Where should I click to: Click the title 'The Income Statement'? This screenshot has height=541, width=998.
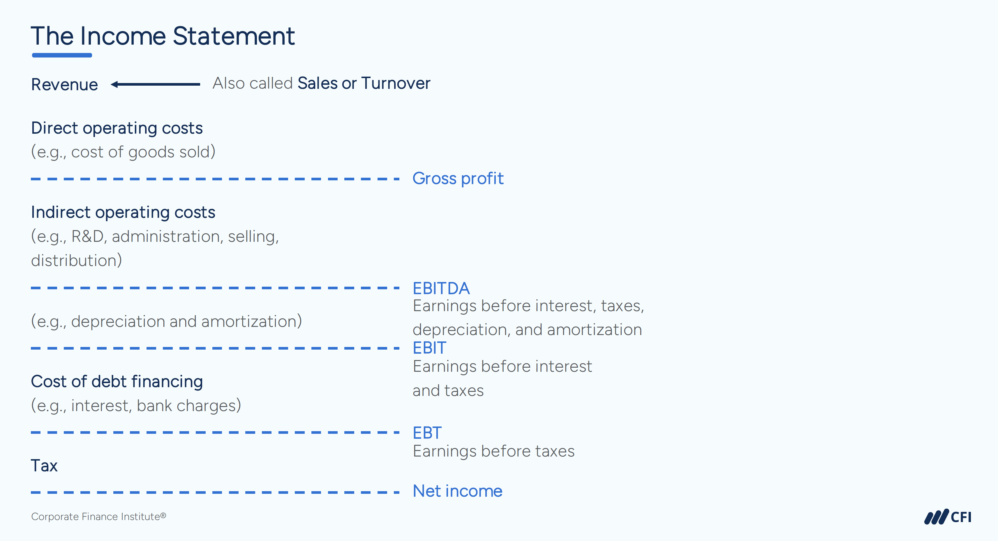tap(163, 36)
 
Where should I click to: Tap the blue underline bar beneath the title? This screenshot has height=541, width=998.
tap(62, 55)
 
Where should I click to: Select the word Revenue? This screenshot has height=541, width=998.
tap(64, 84)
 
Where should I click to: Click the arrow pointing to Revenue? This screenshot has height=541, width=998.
tap(155, 84)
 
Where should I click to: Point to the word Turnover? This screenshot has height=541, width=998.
tap(396, 83)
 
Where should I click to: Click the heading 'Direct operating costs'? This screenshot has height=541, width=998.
tap(117, 128)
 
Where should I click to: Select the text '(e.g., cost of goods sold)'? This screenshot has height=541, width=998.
tap(123, 152)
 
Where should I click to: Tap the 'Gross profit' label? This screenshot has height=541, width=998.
tap(458, 179)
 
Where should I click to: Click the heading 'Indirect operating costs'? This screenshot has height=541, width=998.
tap(123, 212)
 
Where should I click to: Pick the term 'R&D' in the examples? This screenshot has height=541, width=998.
tap(88, 236)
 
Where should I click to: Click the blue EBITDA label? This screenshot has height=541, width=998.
tap(441, 288)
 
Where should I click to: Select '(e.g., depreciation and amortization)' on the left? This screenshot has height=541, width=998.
tap(166, 321)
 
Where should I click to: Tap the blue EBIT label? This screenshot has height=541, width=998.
tap(429, 348)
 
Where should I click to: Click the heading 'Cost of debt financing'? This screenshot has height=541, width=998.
tap(117, 382)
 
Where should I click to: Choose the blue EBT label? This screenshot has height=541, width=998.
tap(427, 433)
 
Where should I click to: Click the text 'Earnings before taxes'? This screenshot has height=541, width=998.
tap(493, 452)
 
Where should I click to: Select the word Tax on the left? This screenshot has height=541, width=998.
tap(44, 466)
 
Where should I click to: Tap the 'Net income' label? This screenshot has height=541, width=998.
tap(457, 491)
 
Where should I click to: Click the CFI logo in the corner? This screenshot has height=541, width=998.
tap(948, 517)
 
